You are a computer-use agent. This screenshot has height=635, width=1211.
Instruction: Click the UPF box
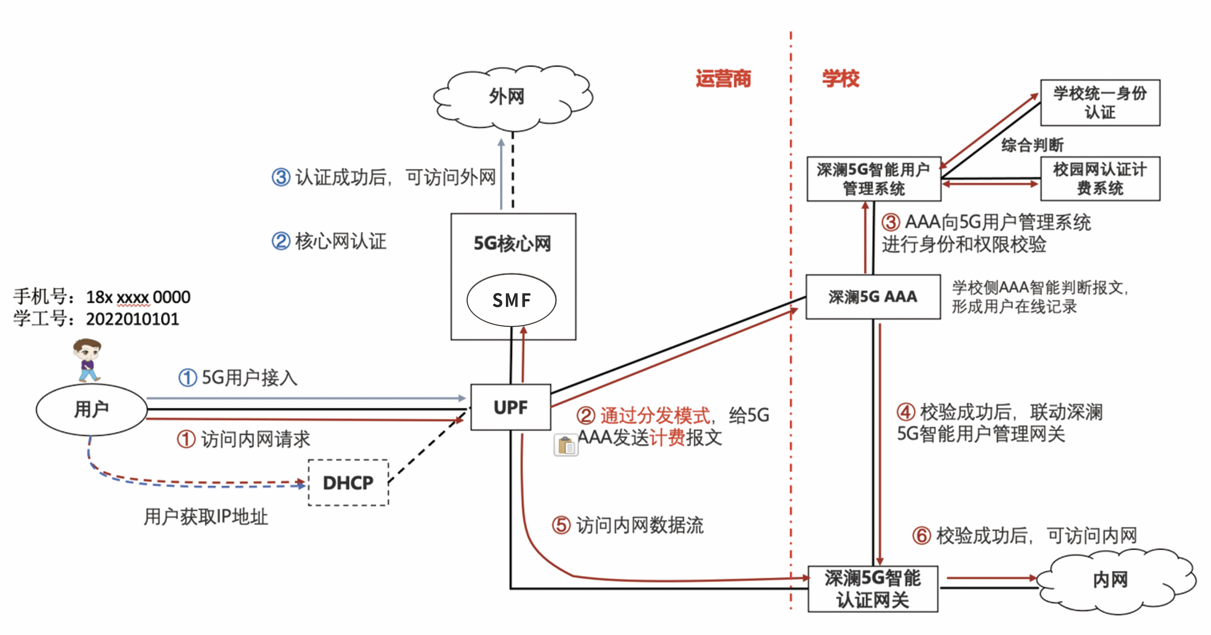(511, 407)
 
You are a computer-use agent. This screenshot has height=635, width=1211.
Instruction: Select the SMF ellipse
(512, 300)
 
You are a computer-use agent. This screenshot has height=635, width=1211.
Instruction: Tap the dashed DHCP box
(348, 483)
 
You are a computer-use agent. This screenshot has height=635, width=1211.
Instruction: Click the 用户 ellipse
(92, 410)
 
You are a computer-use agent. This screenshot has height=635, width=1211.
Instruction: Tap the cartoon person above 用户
(87, 360)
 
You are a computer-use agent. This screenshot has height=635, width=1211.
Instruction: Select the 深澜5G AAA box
(873, 297)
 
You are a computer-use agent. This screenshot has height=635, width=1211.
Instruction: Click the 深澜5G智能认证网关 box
(873, 589)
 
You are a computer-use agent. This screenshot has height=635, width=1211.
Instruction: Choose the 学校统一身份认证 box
(1100, 103)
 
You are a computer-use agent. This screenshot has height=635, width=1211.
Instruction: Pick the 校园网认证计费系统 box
(1100, 179)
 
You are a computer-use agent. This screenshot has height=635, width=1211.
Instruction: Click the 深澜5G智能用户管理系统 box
(874, 179)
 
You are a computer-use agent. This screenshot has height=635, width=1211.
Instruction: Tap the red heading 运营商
(723, 78)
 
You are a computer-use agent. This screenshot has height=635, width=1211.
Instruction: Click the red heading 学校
(840, 78)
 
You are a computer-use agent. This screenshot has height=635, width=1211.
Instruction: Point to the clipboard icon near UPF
(566, 444)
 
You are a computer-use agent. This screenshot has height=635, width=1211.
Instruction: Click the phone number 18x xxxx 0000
(138, 297)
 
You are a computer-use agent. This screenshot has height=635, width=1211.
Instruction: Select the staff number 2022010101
(132, 319)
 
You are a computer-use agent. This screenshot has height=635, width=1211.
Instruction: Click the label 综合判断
(1032, 145)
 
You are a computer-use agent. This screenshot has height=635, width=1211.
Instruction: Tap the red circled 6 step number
(922, 535)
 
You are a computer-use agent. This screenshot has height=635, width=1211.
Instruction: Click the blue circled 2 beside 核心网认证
(281, 241)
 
